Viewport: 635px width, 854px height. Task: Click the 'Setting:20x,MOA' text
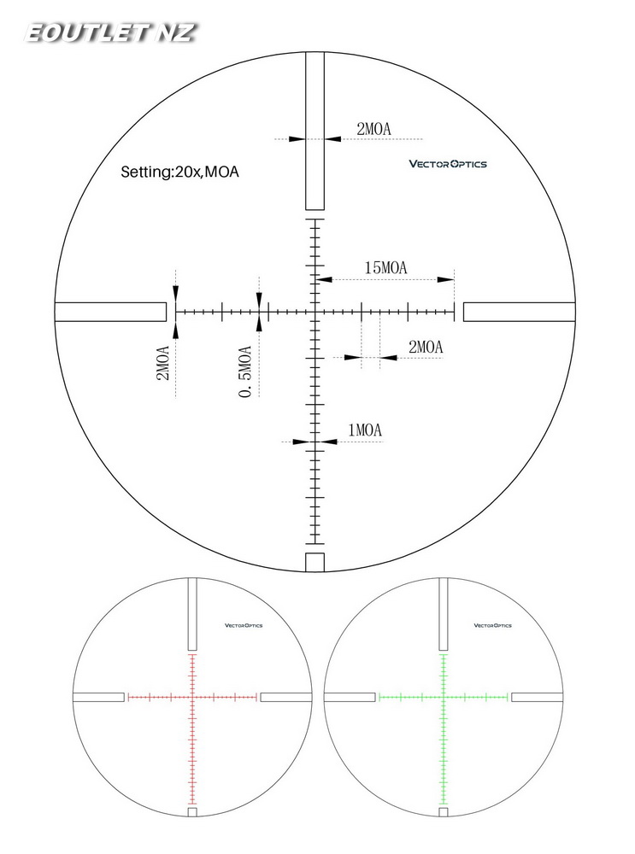tap(179, 172)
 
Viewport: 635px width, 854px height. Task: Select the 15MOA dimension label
tap(385, 268)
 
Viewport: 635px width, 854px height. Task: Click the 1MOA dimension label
tap(364, 430)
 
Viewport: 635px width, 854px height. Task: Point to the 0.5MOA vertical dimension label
tap(246, 371)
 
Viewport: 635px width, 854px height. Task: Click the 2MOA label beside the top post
tap(373, 129)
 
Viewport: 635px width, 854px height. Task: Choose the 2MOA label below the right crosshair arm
tap(426, 347)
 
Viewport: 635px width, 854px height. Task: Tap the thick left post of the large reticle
tap(110, 312)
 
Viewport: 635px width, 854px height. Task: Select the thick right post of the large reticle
tap(519, 312)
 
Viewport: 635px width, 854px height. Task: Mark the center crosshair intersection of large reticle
tap(315, 312)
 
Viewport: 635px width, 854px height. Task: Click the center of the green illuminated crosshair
tap(444, 697)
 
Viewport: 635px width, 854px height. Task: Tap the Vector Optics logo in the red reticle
tap(244, 625)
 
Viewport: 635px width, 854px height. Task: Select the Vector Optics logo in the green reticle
tap(493, 625)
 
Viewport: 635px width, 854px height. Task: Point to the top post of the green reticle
tap(444, 614)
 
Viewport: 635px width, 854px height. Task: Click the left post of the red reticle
tap(99, 697)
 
